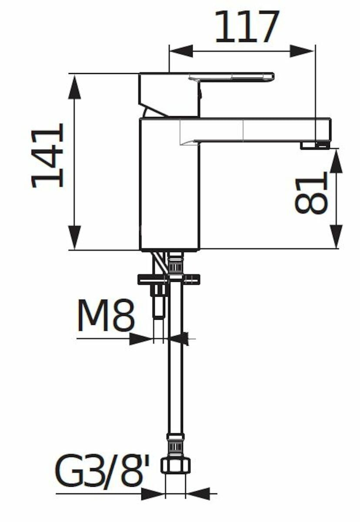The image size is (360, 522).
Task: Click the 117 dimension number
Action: (247, 27)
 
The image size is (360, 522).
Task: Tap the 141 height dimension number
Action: (47, 156)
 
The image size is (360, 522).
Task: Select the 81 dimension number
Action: (311, 193)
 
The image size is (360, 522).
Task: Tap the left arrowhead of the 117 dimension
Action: (182, 51)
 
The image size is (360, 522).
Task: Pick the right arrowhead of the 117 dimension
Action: (301, 51)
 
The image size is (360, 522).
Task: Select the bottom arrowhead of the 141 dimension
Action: (75, 237)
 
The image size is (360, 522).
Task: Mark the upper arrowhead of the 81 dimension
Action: (337, 161)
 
